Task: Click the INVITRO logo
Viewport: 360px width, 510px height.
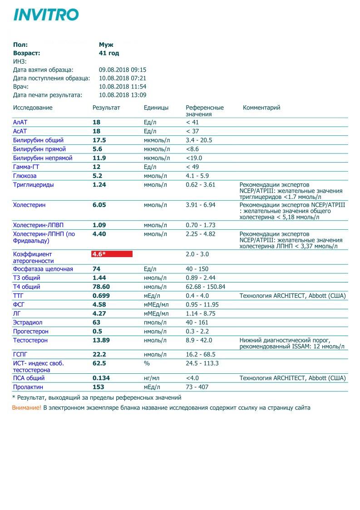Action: pos(46,15)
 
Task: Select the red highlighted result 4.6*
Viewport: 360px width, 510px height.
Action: pos(112,254)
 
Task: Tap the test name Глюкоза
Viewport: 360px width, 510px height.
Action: pos(25,176)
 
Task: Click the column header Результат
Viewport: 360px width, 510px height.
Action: pos(106,108)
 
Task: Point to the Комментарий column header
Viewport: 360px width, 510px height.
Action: pos(261,108)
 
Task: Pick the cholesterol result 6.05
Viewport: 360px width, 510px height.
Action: pos(99,205)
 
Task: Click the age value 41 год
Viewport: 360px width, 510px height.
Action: pos(109,53)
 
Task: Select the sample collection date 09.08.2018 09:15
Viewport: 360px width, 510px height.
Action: pos(123,70)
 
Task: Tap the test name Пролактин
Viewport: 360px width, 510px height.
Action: pos(29,387)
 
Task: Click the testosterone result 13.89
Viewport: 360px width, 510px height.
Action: pos(102,340)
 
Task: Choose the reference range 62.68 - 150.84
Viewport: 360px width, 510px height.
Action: pos(206,287)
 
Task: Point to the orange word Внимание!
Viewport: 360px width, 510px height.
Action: pos(26,408)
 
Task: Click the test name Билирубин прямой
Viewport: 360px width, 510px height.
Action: pos(39,149)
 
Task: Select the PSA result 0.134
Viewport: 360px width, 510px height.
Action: pos(101,378)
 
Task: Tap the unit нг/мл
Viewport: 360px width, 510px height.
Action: pos(152,378)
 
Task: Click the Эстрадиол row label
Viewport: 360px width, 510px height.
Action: pos(27,322)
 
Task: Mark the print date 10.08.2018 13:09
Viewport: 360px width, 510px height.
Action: pos(123,95)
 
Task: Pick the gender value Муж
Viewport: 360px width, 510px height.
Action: pos(106,45)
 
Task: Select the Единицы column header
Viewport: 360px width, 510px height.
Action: pos(156,108)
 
